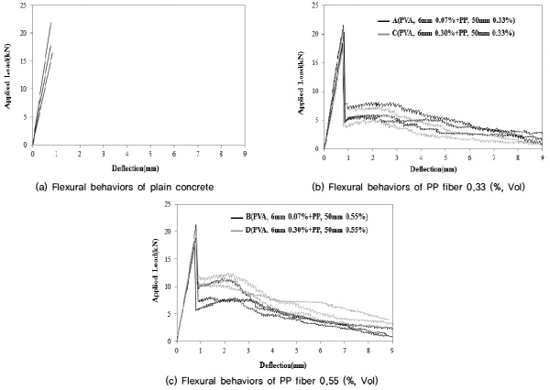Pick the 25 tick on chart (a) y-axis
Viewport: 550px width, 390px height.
[25, 7]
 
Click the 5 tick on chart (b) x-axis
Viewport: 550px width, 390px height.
[445, 157]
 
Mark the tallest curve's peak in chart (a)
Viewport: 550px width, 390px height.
[50, 23]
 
